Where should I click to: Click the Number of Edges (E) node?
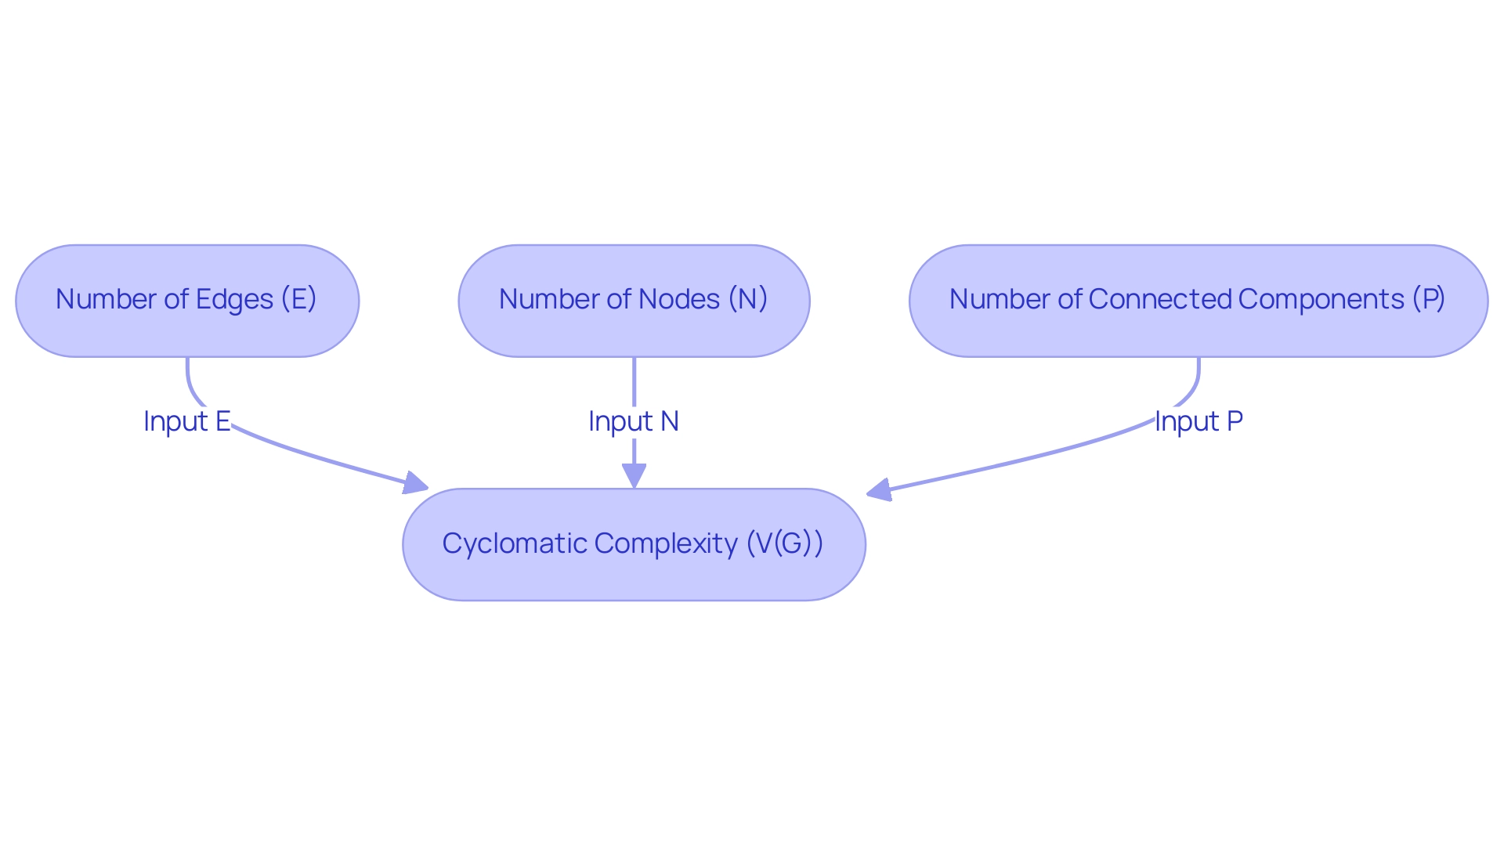tap(187, 301)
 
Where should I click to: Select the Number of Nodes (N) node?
tap(634, 301)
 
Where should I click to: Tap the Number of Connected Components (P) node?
tap(1198, 301)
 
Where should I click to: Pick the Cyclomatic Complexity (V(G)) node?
tap(634, 544)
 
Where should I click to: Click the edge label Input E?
tap(186, 421)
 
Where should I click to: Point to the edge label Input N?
tap(633, 421)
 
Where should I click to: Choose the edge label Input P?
tap(1198, 421)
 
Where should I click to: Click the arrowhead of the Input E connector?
tap(415, 483)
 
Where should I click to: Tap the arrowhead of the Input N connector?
tap(634, 475)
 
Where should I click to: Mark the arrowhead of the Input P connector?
tap(880, 491)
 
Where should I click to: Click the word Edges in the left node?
tap(234, 299)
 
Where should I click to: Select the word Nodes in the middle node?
tap(679, 299)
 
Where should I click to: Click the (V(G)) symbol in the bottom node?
tap(784, 543)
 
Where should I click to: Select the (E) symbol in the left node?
tap(298, 299)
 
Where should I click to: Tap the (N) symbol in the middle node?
tap(748, 299)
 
